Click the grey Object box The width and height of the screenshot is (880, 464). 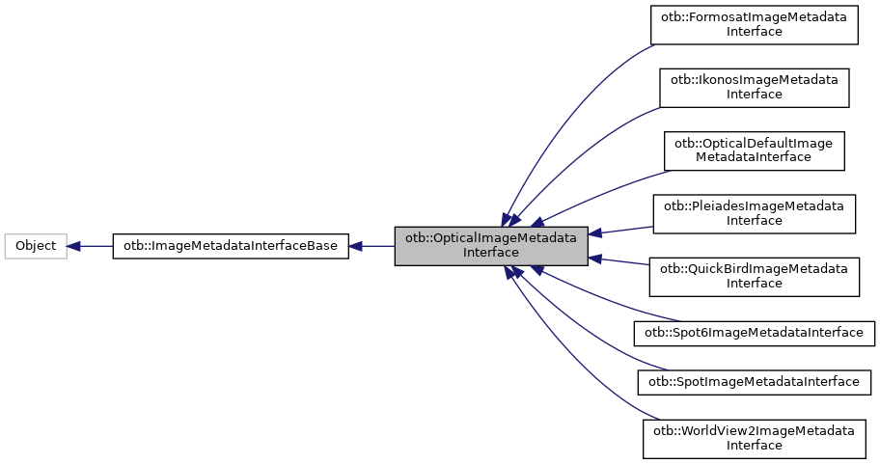pyautogui.click(x=36, y=246)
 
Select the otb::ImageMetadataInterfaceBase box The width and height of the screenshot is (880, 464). pyautogui.click(x=231, y=246)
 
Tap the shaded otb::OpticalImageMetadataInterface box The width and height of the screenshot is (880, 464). pyautogui.click(x=491, y=245)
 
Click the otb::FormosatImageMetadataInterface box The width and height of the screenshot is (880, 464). pyautogui.click(x=754, y=24)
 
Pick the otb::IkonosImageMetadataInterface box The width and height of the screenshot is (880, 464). pyautogui.click(x=754, y=87)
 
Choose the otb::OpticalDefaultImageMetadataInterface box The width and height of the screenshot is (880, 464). pyautogui.click(x=754, y=150)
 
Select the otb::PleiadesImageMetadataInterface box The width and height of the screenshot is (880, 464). pyautogui.click(x=754, y=213)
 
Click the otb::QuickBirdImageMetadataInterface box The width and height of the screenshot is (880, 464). pyautogui.click(x=754, y=276)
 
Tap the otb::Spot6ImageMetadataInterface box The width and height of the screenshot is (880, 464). pyautogui.click(x=754, y=333)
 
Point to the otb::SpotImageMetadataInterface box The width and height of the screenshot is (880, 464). pyautogui.click(x=754, y=382)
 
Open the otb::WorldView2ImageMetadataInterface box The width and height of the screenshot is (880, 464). pyautogui.click(x=754, y=438)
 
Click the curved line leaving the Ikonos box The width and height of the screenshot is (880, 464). pyautogui.click(x=579, y=145)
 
